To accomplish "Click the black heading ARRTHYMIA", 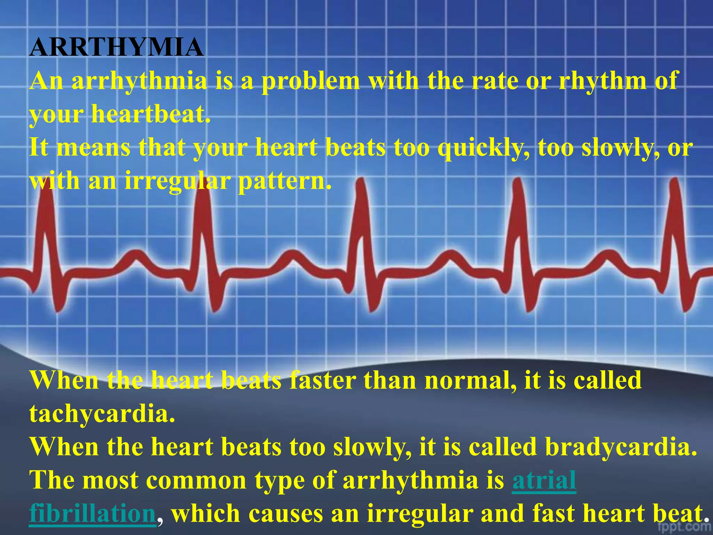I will [x=116, y=47].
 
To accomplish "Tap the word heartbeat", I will [x=150, y=115].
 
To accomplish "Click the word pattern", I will [x=284, y=181].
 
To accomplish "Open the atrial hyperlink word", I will [x=544, y=480].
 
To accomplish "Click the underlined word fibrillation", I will [x=93, y=514].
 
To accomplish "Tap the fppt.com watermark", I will [x=684, y=527].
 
